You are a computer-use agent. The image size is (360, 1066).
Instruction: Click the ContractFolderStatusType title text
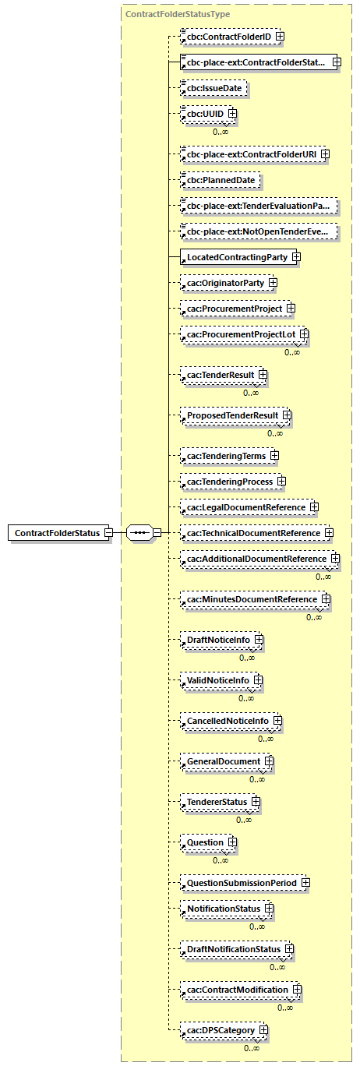click(x=178, y=14)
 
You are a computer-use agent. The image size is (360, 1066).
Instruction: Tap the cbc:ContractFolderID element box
click(x=224, y=36)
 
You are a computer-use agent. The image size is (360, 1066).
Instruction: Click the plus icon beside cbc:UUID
click(x=231, y=115)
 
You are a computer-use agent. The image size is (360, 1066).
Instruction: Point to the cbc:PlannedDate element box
click(x=218, y=181)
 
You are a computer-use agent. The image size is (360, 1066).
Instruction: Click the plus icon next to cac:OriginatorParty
click(x=273, y=282)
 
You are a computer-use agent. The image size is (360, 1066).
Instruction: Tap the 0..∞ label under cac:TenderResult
click(x=251, y=393)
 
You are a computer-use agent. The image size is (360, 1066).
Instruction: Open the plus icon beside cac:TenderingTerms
click(x=274, y=455)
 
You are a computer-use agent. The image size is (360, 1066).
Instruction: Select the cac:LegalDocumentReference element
click(x=243, y=507)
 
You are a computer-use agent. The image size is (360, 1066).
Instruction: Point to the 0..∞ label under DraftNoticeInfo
click(x=247, y=658)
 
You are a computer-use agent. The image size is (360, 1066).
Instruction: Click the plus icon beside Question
click(x=231, y=842)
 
